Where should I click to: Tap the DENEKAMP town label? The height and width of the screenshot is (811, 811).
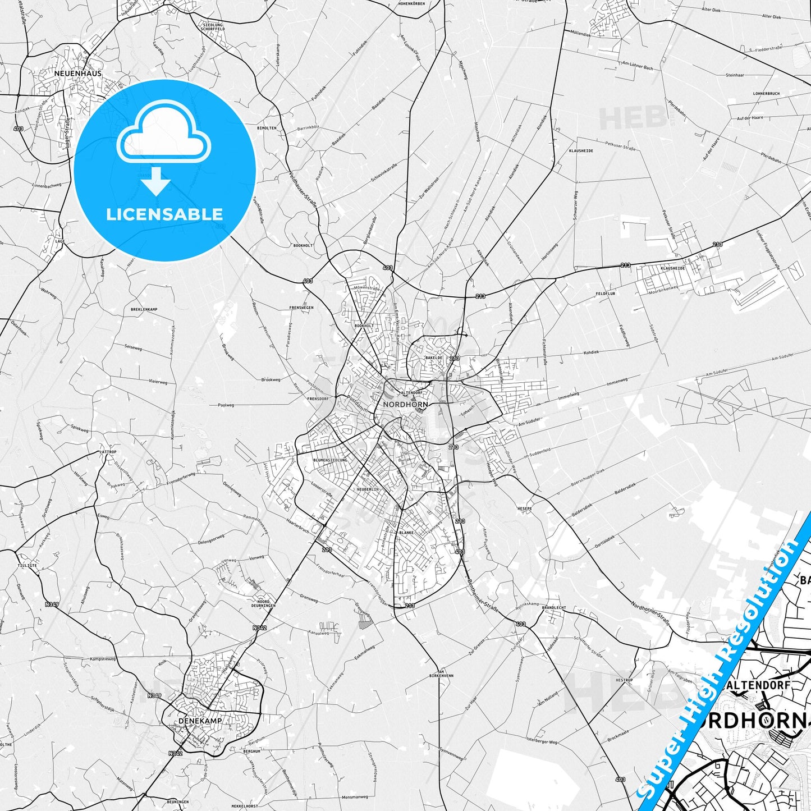point(200,720)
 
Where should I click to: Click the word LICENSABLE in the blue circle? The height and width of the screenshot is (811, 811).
point(164,214)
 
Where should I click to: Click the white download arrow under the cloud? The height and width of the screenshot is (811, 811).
point(155,182)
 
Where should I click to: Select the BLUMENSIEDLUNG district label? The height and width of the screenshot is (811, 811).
point(330,460)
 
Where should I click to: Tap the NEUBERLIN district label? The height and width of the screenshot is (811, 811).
point(368,489)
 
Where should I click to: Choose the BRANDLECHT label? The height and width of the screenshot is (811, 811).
point(553,607)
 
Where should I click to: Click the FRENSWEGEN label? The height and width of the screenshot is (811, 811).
point(301,308)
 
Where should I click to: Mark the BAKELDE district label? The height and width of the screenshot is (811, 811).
point(434,357)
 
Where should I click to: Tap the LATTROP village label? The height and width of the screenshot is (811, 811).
point(107,452)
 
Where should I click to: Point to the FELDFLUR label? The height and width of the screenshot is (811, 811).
point(606,294)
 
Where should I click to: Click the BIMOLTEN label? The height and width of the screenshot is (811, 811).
point(267,128)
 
